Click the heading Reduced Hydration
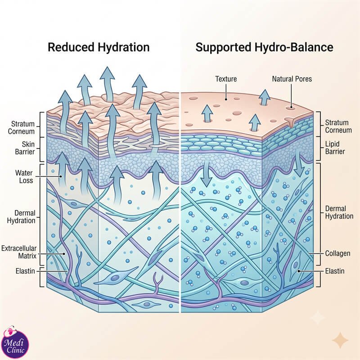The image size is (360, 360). [99, 47]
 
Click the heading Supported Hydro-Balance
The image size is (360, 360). [264, 47]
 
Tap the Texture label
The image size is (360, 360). [226, 79]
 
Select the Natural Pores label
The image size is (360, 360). [292, 79]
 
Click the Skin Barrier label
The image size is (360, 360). [25, 148]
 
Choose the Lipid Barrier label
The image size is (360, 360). [335, 148]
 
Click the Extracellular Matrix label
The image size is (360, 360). [19, 252]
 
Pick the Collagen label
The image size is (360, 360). [338, 253]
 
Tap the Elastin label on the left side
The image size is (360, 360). [25, 271]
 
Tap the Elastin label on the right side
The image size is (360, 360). [335, 271]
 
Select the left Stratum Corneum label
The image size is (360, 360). [21, 128]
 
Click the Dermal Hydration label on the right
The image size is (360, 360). [339, 212]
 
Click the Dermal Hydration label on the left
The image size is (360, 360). [21, 217]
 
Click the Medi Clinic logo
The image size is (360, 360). [15, 342]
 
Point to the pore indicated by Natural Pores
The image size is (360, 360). [290, 107]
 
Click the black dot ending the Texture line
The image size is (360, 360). [226, 99]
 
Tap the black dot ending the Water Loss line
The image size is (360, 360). [61, 176]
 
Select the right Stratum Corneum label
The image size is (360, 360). [338, 126]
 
